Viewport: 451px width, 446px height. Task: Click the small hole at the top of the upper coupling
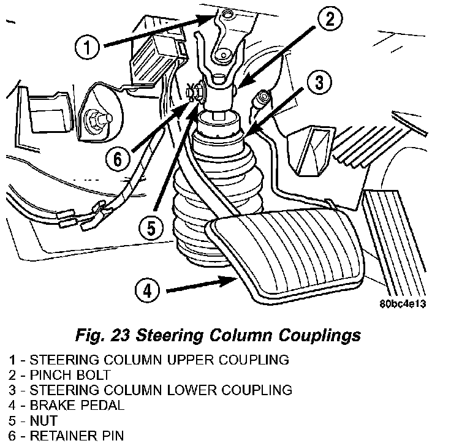pyautogui.click(x=228, y=14)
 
